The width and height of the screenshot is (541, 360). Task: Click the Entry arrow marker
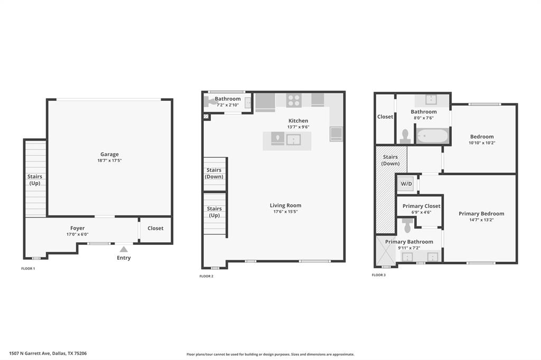point(124,249)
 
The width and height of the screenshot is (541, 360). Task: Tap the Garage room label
point(110,154)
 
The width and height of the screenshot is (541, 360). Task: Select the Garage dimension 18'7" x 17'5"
point(110,160)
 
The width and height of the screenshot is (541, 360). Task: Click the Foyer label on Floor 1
point(77,228)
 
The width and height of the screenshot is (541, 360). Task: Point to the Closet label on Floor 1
point(155,228)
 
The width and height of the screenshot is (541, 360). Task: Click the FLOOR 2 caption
point(206,276)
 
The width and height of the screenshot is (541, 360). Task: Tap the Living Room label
point(285,205)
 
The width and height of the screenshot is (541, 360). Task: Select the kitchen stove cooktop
point(294,100)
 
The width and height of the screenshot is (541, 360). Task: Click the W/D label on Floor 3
point(406,184)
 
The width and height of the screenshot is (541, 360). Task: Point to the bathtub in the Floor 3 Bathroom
point(432,136)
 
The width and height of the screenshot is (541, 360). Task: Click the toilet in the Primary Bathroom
point(406,226)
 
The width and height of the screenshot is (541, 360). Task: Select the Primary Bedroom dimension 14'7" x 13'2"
point(481,220)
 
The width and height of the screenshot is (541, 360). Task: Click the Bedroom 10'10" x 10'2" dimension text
point(482,143)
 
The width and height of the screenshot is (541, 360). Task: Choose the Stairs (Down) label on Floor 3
point(390,160)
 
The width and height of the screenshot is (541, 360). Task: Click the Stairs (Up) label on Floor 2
point(214,212)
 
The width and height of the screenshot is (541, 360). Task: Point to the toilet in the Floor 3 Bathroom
point(405,137)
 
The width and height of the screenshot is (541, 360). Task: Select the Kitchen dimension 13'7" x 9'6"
point(297,127)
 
